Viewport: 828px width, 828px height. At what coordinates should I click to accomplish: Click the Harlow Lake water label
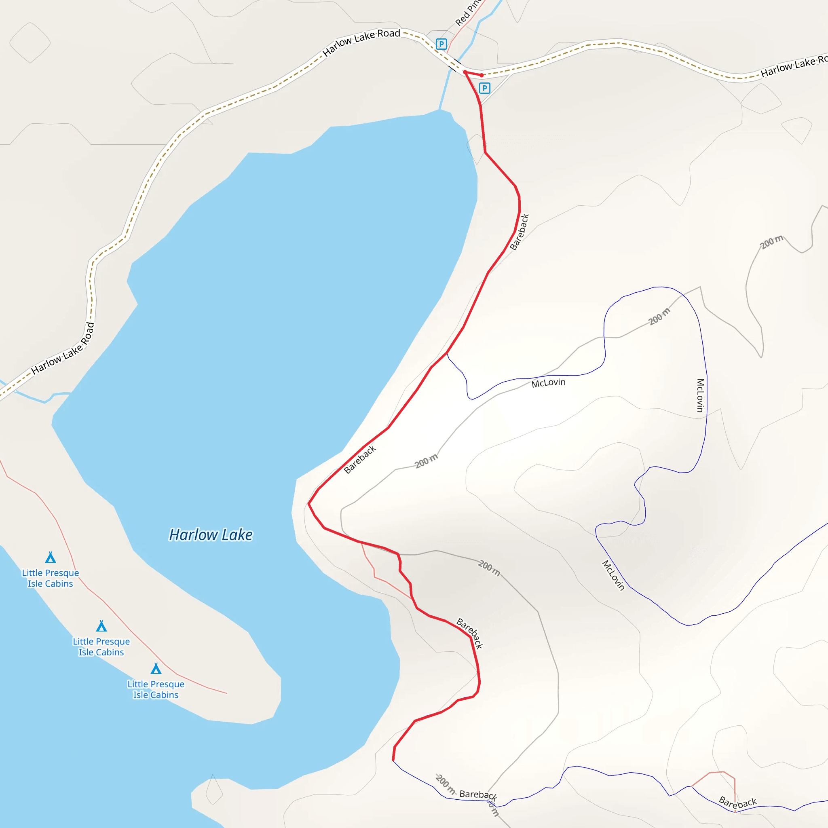[211, 535]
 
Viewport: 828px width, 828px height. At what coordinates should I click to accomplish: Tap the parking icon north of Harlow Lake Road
[441, 44]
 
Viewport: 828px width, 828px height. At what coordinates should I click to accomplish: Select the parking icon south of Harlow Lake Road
[484, 88]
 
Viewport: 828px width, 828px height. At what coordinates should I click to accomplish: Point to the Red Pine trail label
[469, 13]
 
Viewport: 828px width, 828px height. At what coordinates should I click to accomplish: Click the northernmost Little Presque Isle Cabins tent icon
[51, 557]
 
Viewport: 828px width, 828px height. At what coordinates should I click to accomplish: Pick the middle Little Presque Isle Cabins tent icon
[101, 626]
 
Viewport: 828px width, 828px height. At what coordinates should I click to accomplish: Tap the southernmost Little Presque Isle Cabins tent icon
[156, 669]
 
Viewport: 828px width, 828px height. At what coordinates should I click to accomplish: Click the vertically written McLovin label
[700, 395]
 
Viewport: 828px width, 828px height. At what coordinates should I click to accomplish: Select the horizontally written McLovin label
[548, 383]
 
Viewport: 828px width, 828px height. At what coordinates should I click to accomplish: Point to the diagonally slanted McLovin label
[613, 575]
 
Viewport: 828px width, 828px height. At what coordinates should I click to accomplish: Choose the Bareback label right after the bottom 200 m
[478, 795]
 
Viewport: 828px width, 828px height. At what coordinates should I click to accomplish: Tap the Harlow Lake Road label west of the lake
[63, 348]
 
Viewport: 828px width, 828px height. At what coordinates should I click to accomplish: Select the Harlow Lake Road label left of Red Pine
[361, 42]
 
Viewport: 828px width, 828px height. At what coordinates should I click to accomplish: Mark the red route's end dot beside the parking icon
[482, 76]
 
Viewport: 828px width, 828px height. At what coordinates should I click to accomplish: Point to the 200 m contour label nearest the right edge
[771, 242]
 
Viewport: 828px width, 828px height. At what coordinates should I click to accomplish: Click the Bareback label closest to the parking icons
[520, 232]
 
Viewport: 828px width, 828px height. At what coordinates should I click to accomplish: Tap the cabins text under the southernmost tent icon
[156, 690]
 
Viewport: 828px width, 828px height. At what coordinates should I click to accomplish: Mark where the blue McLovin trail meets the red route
[447, 353]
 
